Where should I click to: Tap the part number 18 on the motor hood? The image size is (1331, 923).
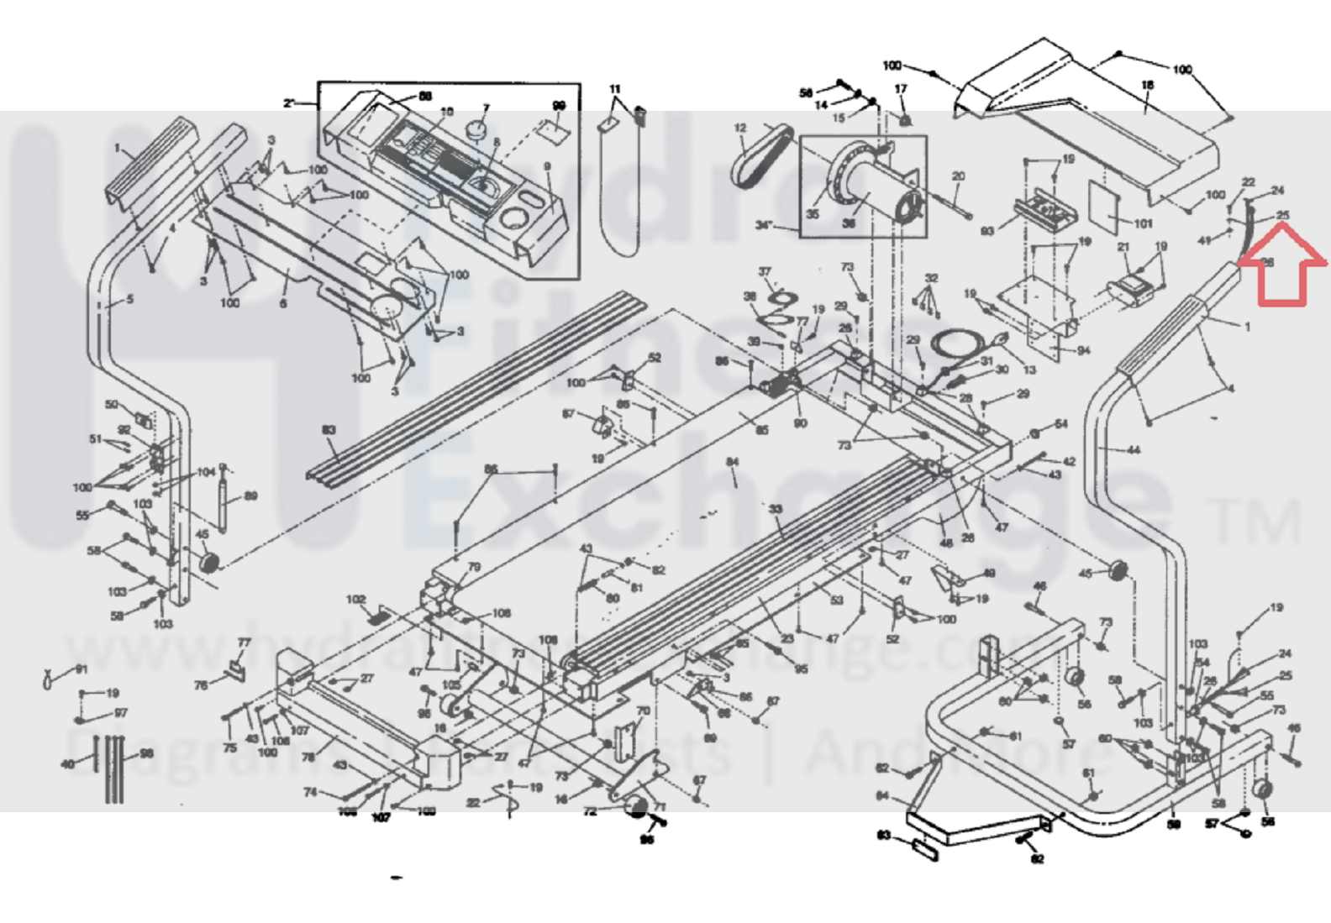[x=1148, y=85]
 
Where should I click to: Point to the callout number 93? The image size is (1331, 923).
[x=987, y=230]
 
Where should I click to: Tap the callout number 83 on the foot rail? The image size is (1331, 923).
[x=329, y=430]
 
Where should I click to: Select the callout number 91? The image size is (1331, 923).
[x=82, y=669]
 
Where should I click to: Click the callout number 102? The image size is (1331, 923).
[x=356, y=600]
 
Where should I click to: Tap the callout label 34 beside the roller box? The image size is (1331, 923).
[x=764, y=225]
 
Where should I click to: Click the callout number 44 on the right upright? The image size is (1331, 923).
[x=1134, y=450]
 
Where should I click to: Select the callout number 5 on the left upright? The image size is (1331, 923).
[x=129, y=299]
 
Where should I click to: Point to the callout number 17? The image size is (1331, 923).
[x=901, y=88]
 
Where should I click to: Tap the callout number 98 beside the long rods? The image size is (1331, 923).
[x=147, y=753]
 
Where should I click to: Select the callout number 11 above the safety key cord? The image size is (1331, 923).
[x=615, y=89]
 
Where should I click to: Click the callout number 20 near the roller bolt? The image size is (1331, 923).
[x=958, y=176]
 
